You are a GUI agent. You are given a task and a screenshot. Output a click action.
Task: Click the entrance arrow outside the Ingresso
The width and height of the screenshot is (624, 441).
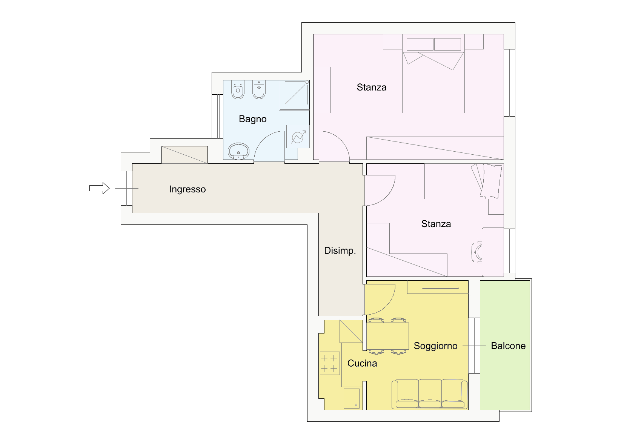point(100,188)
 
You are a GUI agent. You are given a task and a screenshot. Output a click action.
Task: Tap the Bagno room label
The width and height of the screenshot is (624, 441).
point(253,119)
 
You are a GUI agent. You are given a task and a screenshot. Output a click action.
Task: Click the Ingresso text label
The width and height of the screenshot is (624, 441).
point(188,189)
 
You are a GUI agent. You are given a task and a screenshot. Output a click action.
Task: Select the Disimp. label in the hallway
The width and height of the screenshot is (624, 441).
point(340,251)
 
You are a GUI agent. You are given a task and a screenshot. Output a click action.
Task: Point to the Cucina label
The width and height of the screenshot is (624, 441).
point(362,363)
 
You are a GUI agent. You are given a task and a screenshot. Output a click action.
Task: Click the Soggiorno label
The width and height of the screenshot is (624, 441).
point(436,346)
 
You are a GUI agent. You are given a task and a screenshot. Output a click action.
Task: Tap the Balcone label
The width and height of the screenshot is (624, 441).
point(509,346)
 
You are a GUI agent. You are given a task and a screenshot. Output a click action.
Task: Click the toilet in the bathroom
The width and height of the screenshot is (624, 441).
point(238,90)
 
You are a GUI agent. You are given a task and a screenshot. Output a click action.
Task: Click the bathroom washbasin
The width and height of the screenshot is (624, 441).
point(238,151)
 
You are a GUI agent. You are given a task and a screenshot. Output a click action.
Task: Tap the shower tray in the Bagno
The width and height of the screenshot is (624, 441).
point(294,95)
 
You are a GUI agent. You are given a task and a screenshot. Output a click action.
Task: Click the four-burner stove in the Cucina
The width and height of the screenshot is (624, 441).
point(330,363)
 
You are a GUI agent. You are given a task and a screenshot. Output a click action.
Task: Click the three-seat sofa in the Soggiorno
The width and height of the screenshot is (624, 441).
point(430,394)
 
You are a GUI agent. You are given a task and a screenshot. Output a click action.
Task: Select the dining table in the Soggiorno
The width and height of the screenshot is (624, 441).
point(387,336)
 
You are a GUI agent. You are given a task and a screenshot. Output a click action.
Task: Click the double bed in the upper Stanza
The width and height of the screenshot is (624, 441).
point(433,74)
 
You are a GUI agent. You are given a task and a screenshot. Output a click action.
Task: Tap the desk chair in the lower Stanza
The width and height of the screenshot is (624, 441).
point(477,252)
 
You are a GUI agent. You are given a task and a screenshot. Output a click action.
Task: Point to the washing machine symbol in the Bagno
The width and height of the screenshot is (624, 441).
point(298,137)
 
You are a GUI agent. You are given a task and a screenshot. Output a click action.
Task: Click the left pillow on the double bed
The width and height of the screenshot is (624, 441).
point(420,44)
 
